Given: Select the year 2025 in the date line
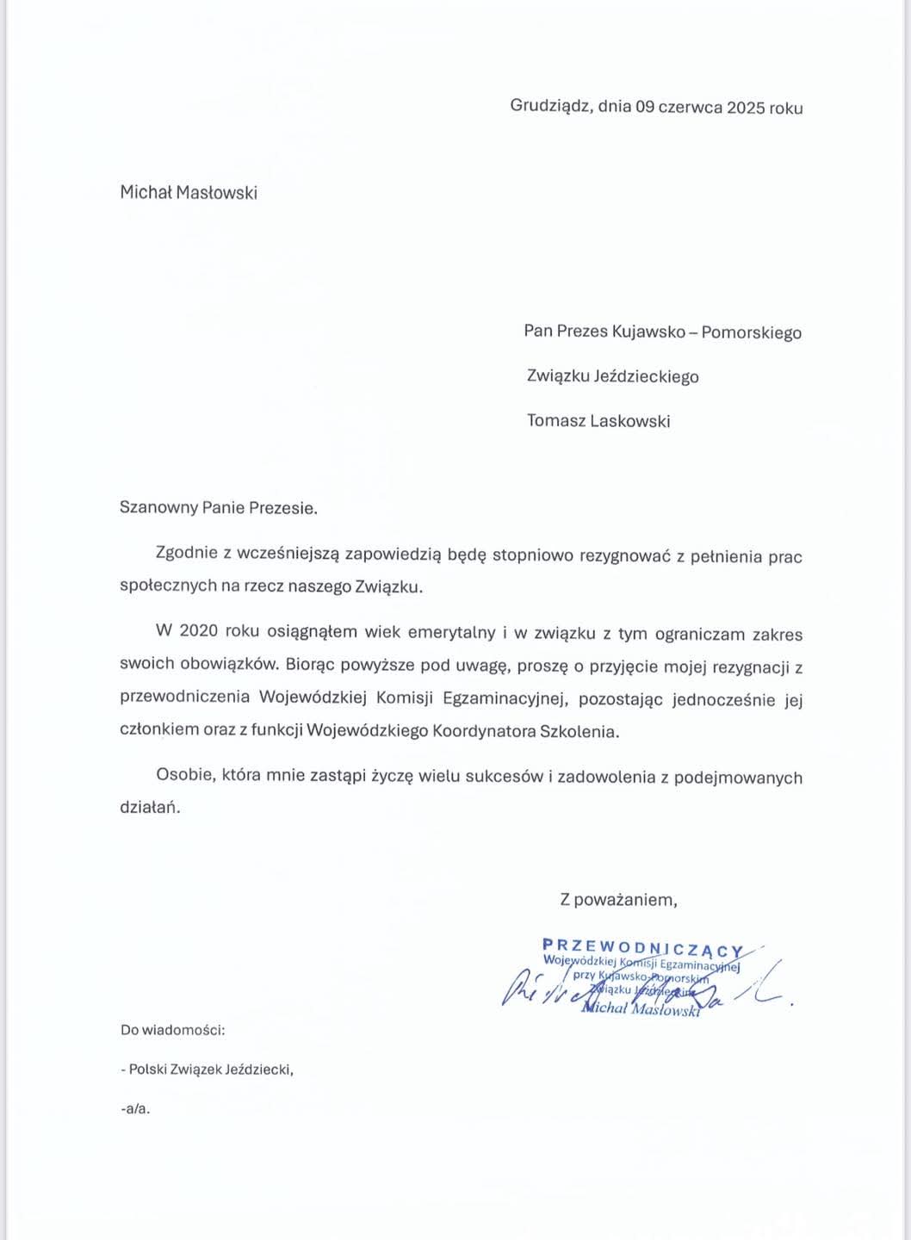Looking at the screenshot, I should (x=747, y=108).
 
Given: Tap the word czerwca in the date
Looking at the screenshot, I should (x=691, y=108).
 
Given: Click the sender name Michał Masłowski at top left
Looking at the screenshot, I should (x=189, y=193).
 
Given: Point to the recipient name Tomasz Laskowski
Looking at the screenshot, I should (x=598, y=421).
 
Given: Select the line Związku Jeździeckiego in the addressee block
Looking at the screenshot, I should (x=613, y=376).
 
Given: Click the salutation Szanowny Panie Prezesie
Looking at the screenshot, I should (x=219, y=508).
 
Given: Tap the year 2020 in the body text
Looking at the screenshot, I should (x=199, y=631).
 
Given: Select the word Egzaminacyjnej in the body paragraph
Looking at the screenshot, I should (x=506, y=698).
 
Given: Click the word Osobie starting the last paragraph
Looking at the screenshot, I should (x=183, y=775).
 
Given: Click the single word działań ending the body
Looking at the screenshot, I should (x=150, y=808).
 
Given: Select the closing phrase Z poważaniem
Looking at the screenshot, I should (x=618, y=900).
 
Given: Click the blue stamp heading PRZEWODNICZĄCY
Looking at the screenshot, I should (x=643, y=947).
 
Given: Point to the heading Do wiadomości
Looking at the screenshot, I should (x=173, y=1029).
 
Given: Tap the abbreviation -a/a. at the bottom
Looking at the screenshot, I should (x=136, y=1109).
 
